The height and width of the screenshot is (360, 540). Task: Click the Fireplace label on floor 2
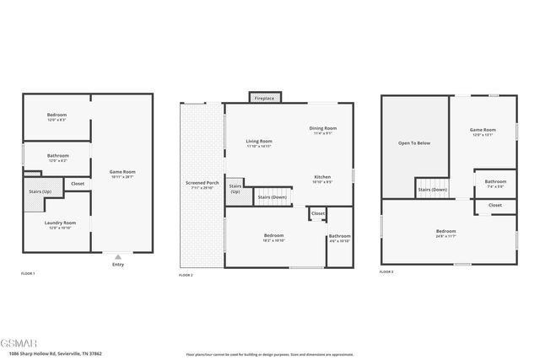(264, 99)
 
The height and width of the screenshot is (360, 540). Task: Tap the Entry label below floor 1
(117, 265)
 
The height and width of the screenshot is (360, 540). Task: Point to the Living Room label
(258, 141)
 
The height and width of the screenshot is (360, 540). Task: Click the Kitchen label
(322, 176)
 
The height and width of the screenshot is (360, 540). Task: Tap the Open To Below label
(414, 143)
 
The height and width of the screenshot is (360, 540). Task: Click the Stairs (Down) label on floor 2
(272, 196)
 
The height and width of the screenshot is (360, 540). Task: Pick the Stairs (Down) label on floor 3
(432, 190)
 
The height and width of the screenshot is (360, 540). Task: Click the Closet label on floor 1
(77, 183)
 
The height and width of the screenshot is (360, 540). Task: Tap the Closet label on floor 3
(494, 205)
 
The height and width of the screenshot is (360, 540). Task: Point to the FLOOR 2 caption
(186, 276)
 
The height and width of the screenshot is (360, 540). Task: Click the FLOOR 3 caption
(386, 272)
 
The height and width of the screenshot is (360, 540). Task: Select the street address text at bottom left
(55, 353)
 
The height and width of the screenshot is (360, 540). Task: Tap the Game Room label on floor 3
(482, 130)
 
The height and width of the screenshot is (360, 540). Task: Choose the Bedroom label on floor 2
(273, 235)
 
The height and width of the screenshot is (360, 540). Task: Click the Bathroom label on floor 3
(495, 181)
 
